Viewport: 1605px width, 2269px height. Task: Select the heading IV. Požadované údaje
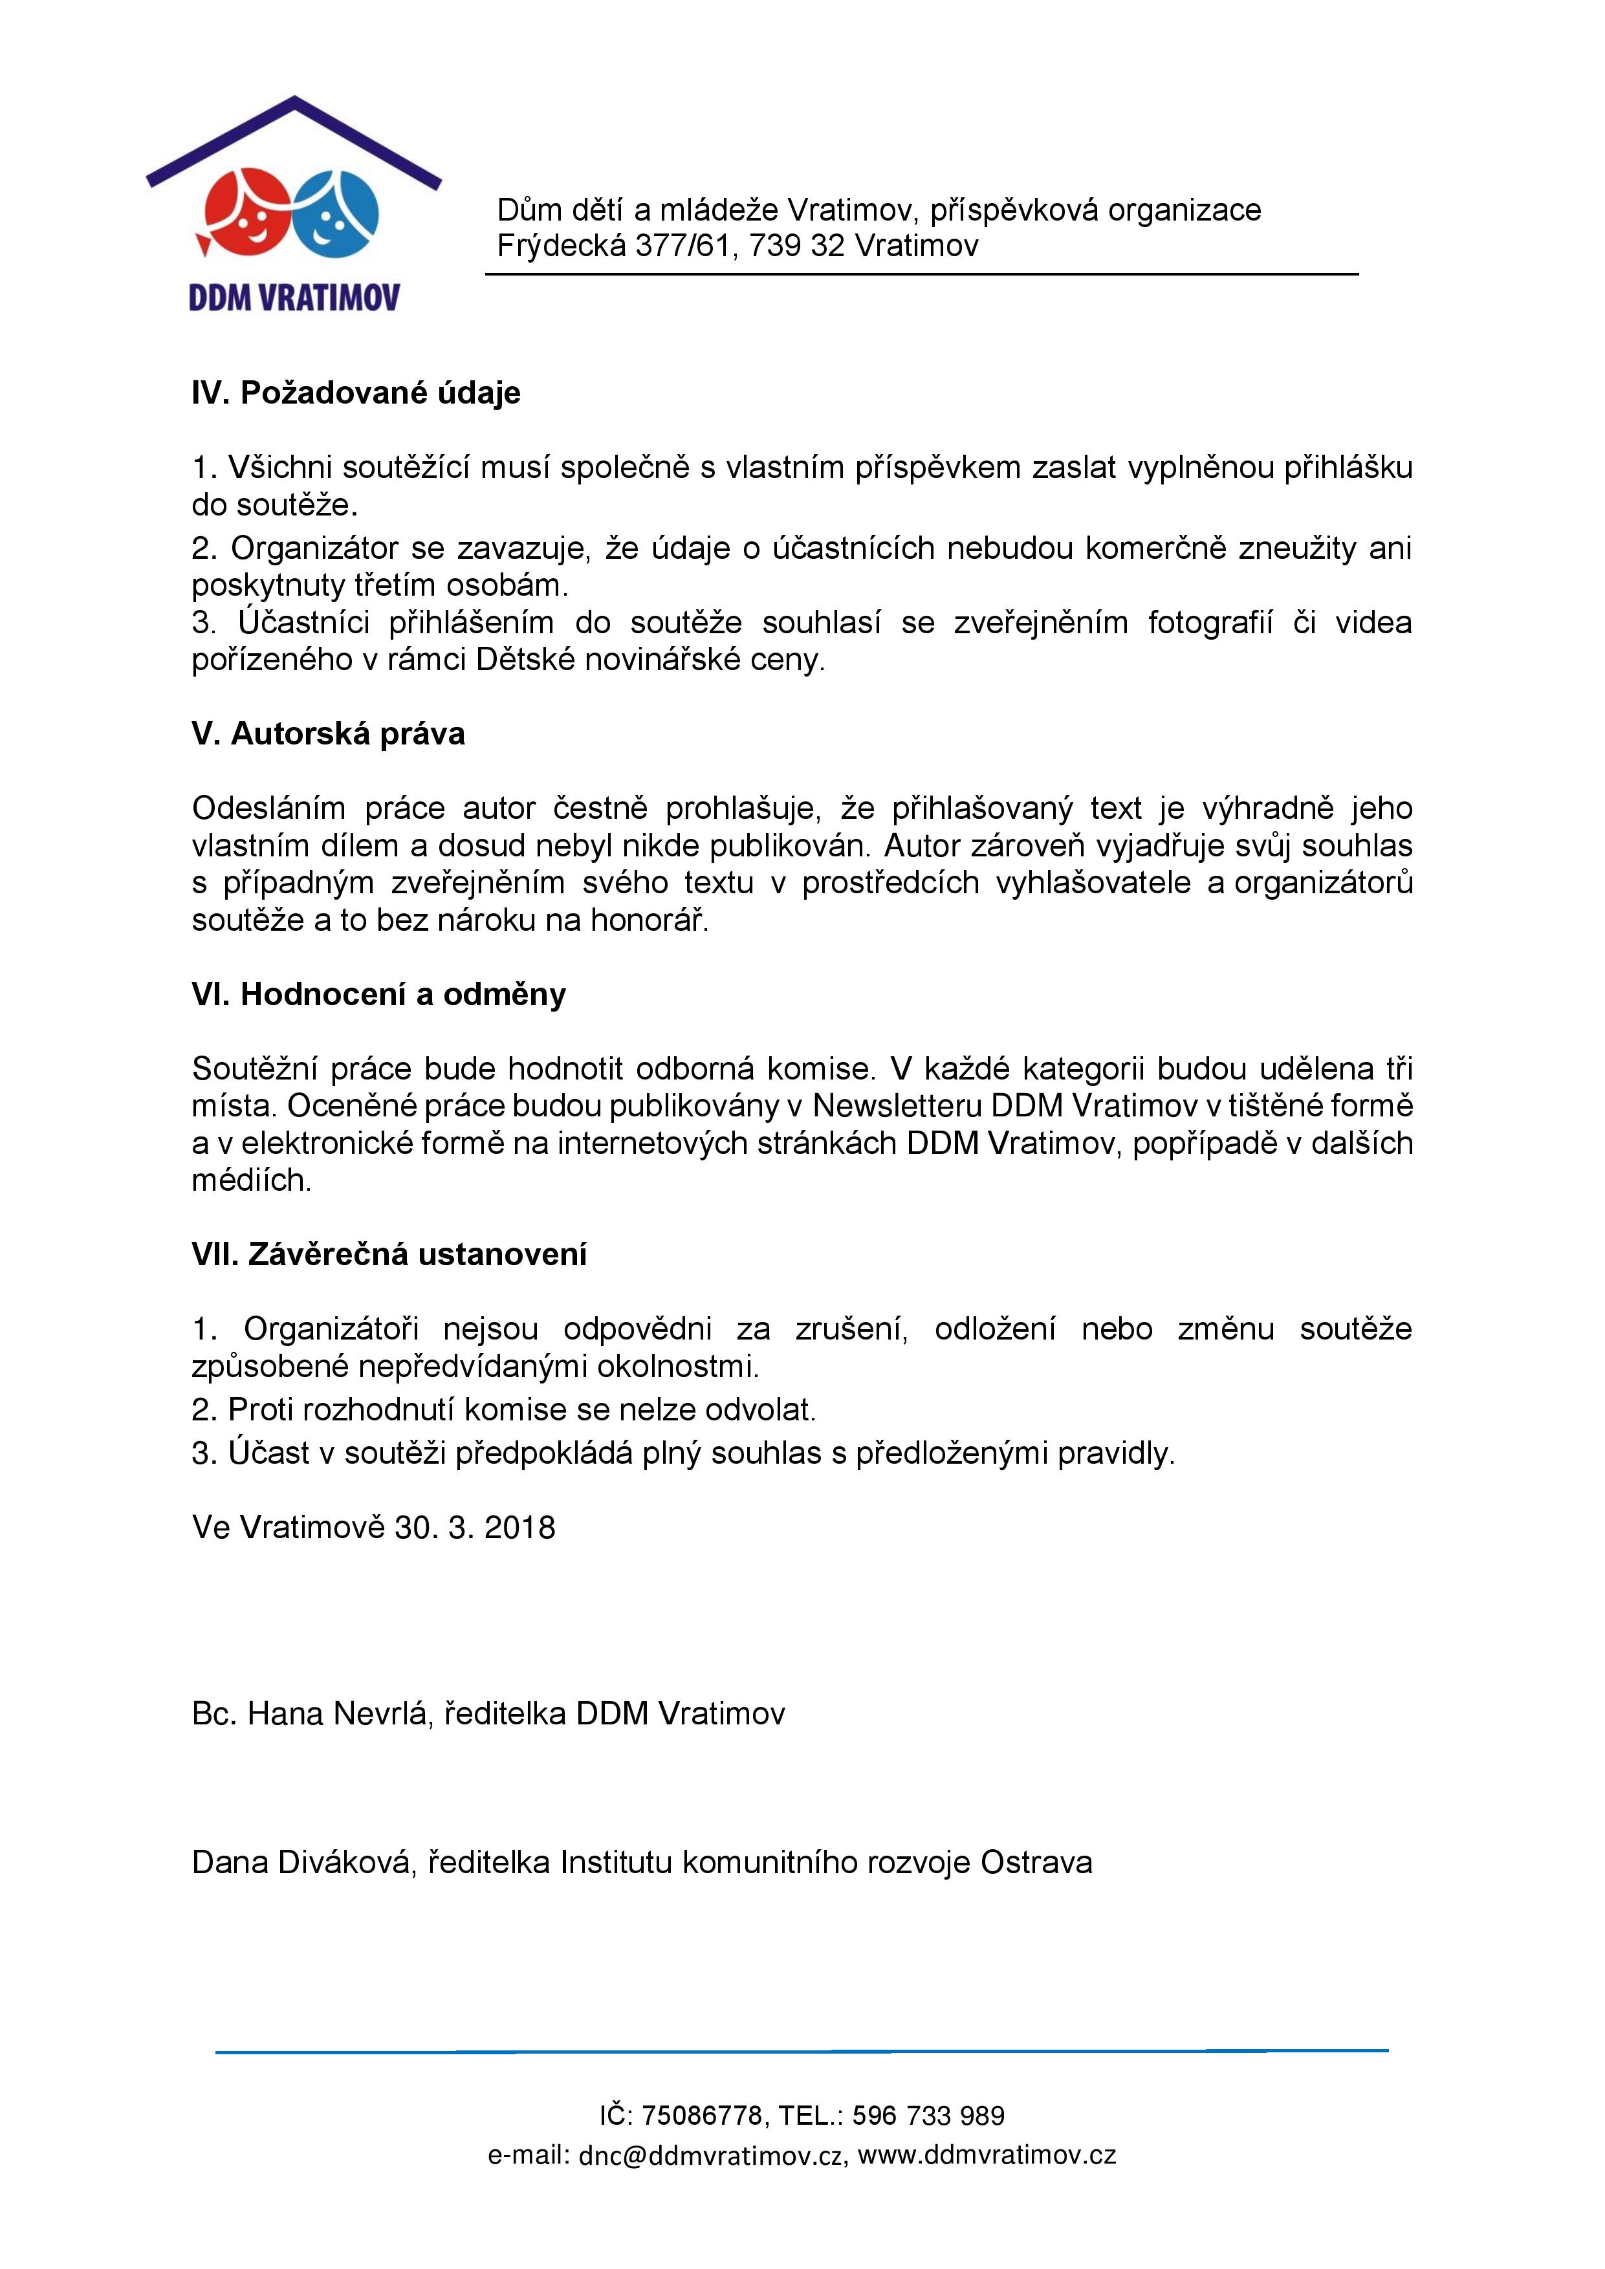356,393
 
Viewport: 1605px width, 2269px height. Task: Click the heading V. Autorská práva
328,734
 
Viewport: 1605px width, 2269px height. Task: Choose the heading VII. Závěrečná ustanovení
389,1254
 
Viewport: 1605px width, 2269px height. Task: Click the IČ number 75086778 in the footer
702,2116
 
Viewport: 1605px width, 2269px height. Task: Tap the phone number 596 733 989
928,2116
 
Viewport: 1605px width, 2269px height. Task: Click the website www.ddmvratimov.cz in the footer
987,2155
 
